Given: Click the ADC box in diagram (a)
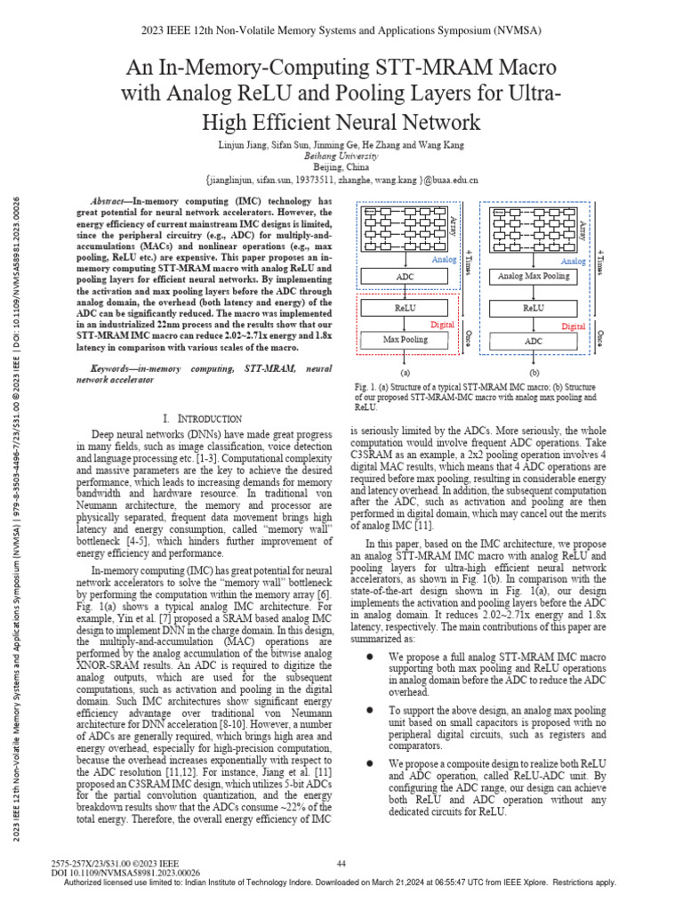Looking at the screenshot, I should (x=406, y=278).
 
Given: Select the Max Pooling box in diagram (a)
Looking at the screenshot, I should (x=406, y=339).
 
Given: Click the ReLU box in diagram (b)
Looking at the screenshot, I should (x=534, y=308).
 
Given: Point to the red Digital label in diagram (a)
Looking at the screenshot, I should (x=442, y=325).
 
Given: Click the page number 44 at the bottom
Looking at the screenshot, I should (x=341, y=863).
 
